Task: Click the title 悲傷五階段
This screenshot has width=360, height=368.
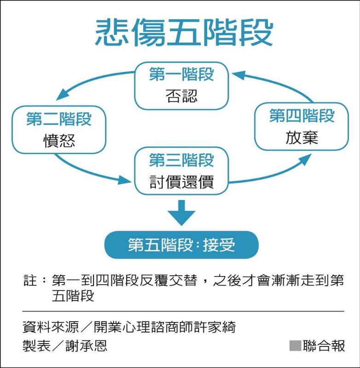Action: click(x=184, y=33)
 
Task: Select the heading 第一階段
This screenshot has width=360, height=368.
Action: click(x=181, y=74)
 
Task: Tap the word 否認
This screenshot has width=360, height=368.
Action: click(x=181, y=96)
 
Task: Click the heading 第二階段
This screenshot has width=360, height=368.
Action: click(x=59, y=119)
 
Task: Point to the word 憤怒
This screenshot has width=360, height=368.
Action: click(x=59, y=140)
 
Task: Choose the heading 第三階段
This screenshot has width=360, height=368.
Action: click(x=181, y=160)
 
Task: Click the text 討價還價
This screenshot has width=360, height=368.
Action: click(x=181, y=183)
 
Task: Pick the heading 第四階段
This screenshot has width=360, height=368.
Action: click(x=302, y=116)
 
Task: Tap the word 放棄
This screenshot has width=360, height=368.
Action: click(x=302, y=138)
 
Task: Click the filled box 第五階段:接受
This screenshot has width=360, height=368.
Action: click(x=181, y=245)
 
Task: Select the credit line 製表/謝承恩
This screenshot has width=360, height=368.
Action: click(x=65, y=346)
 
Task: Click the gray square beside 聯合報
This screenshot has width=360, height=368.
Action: click(x=295, y=346)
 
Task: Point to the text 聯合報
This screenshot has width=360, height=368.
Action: click(x=324, y=346)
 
